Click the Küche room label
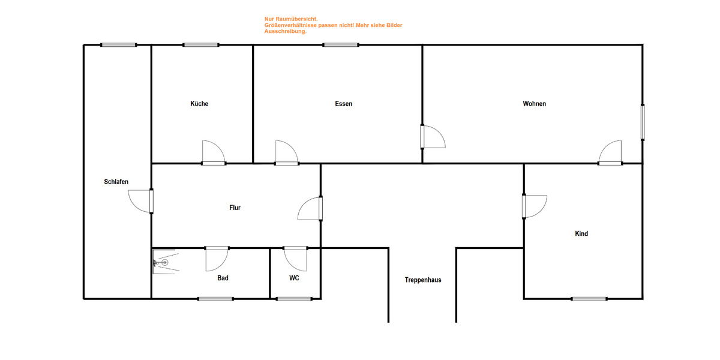[x=199, y=104]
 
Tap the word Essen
[x=344, y=104]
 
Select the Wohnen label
[x=534, y=104]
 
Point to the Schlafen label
[x=116, y=182]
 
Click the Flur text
[x=235, y=208]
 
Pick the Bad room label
[x=223, y=278]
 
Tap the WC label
[x=294, y=278]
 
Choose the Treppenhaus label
[x=422, y=280]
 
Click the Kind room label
[x=581, y=233]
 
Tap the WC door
[x=295, y=258]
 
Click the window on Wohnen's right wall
[x=643, y=123]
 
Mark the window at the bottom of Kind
[x=589, y=298]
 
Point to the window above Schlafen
[x=118, y=44]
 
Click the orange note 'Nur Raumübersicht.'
[x=287, y=19]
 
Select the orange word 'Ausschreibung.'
[x=286, y=31]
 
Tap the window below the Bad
[x=215, y=298]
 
